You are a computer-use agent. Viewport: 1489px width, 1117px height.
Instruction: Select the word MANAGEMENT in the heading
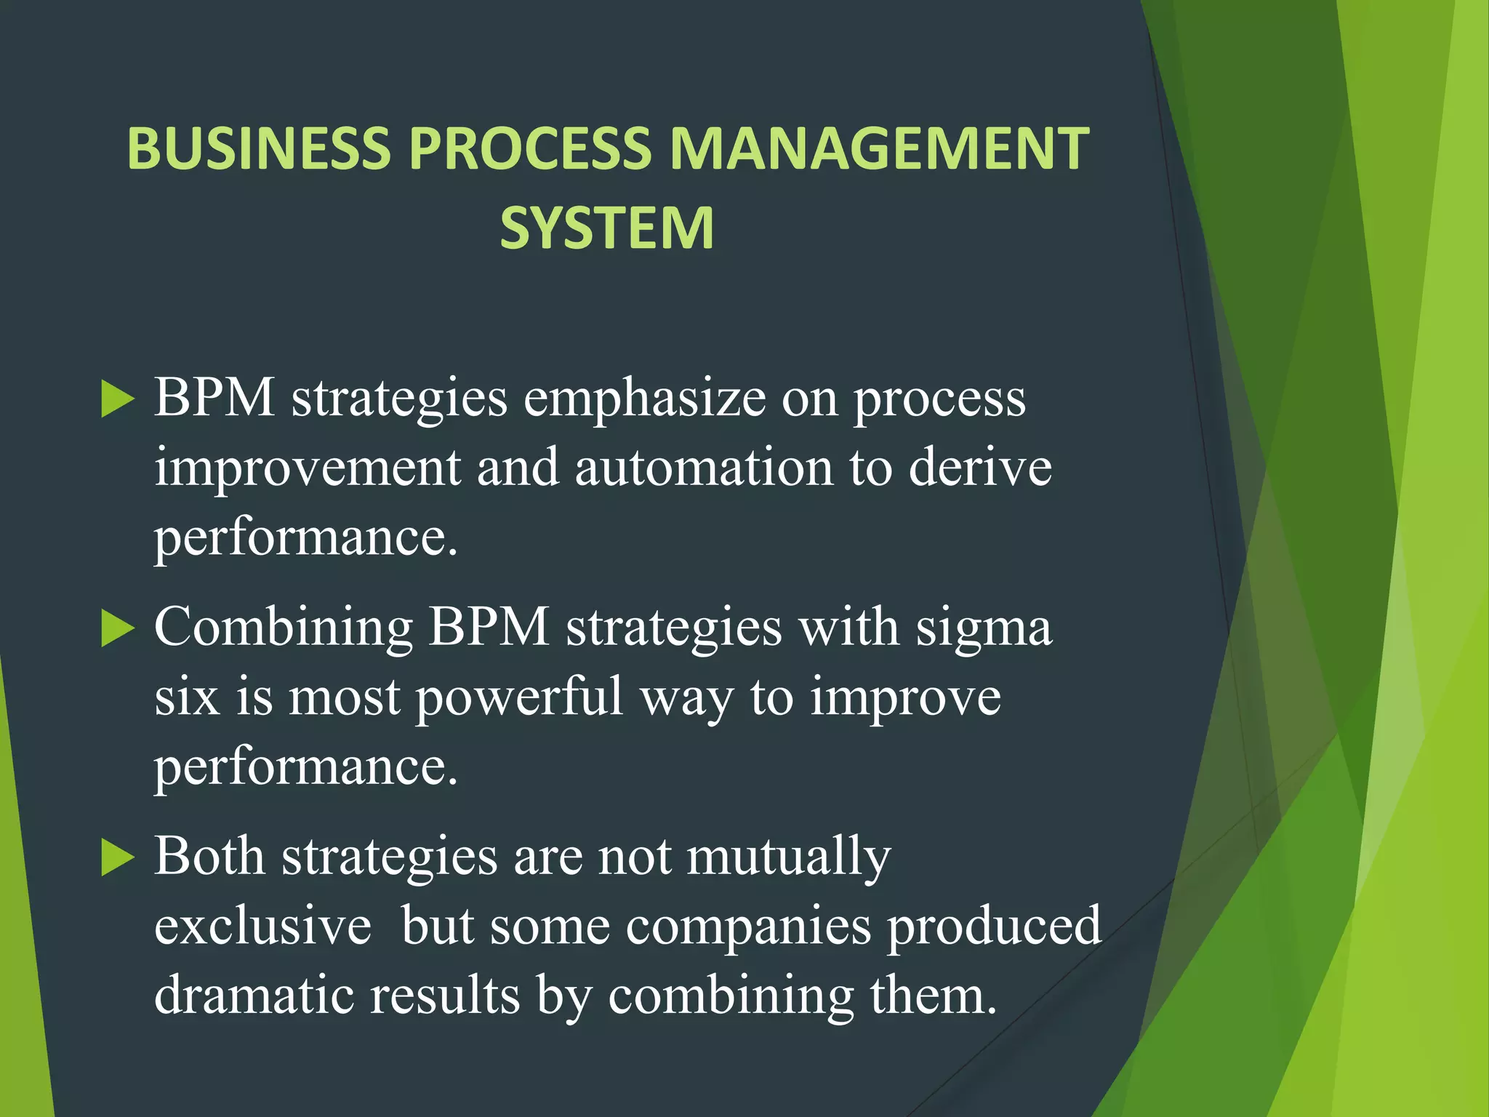click(878, 148)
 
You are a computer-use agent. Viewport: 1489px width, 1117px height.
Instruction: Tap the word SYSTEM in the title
click(607, 228)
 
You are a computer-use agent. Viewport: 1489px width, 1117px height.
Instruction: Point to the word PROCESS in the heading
click(530, 148)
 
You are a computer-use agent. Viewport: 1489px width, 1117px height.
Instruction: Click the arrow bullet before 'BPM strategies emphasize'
click(118, 399)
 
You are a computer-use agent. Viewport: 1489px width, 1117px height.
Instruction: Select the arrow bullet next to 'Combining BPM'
click(118, 628)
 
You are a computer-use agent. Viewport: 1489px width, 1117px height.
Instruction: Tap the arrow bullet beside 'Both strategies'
click(118, 857)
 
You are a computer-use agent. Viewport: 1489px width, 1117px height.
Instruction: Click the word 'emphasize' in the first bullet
click(644, 399)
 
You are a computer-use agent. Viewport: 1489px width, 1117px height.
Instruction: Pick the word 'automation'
click(704, 468)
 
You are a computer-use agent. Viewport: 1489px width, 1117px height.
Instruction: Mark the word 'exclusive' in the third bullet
click(262, 926)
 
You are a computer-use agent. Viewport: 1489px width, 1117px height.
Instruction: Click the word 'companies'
click(748, 926)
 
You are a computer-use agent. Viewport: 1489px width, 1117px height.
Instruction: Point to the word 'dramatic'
click(254, 995)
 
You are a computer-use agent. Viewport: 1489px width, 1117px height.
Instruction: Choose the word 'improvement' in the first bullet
click(308, 468)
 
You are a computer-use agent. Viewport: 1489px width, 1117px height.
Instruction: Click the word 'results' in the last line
click(445, 995)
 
